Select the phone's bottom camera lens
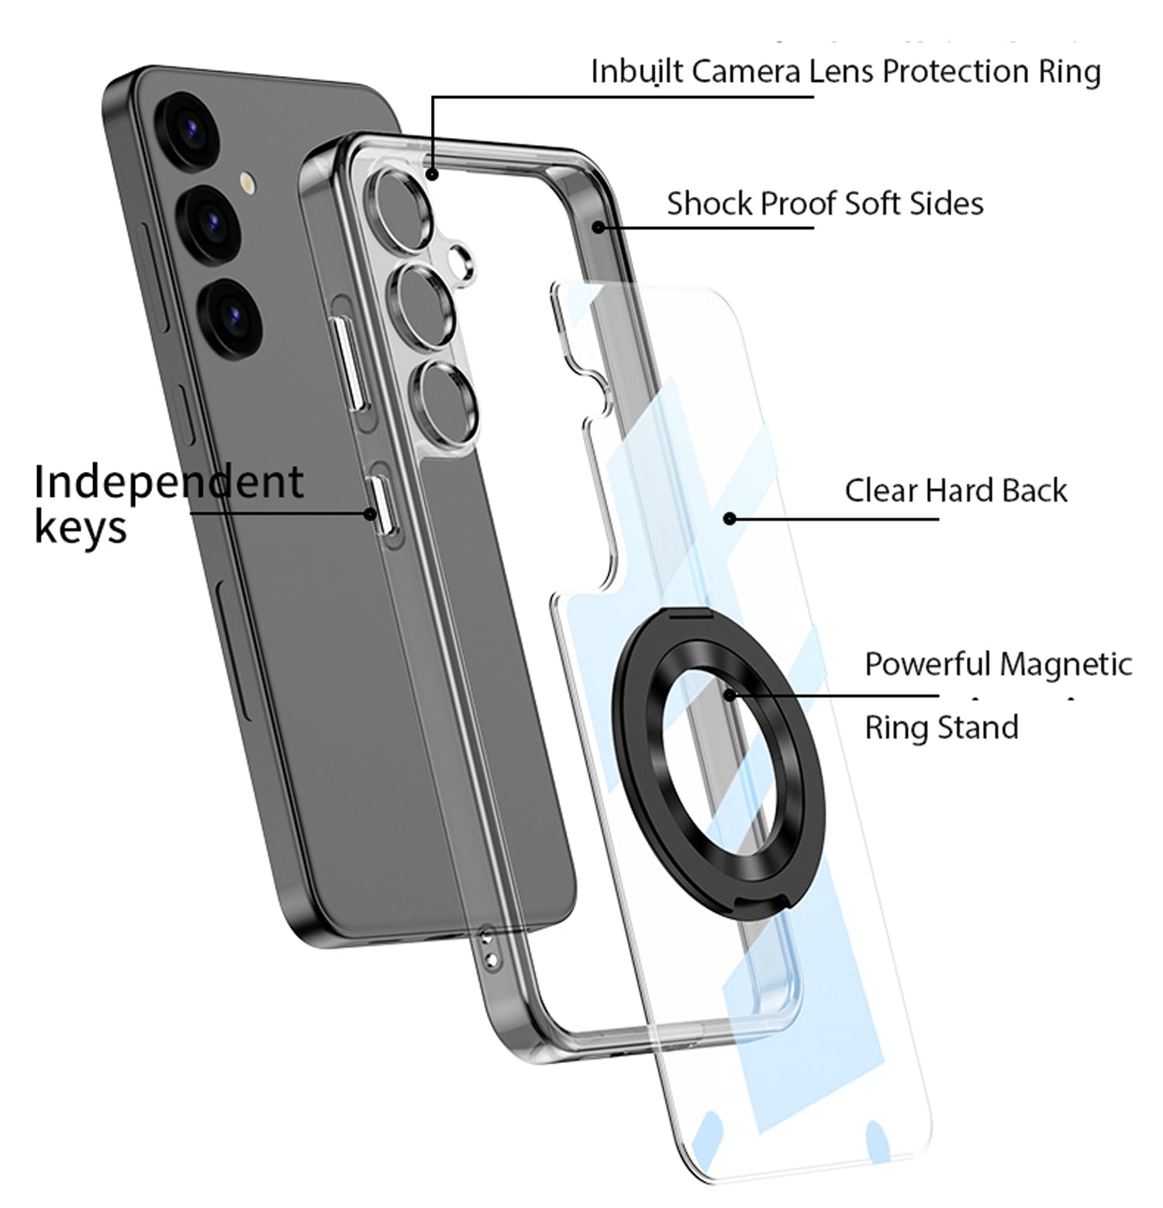click(x=229, y=317)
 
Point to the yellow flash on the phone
click(x=247, y=183)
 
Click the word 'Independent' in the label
click(x=169, y=481)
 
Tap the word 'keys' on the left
click(x=81, y=528)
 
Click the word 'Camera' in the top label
click(x=746, y=71)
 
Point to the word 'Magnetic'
click(x=1065, y=665)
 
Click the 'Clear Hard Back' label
click(x=955, y=490)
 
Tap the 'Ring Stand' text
click(x=941, y=728)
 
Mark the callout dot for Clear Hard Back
click(x=729, y=518)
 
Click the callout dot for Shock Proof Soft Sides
click(x=599, y=227)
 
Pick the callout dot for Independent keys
click(x=371, y=513)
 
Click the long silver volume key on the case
click(x=345, y=362)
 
